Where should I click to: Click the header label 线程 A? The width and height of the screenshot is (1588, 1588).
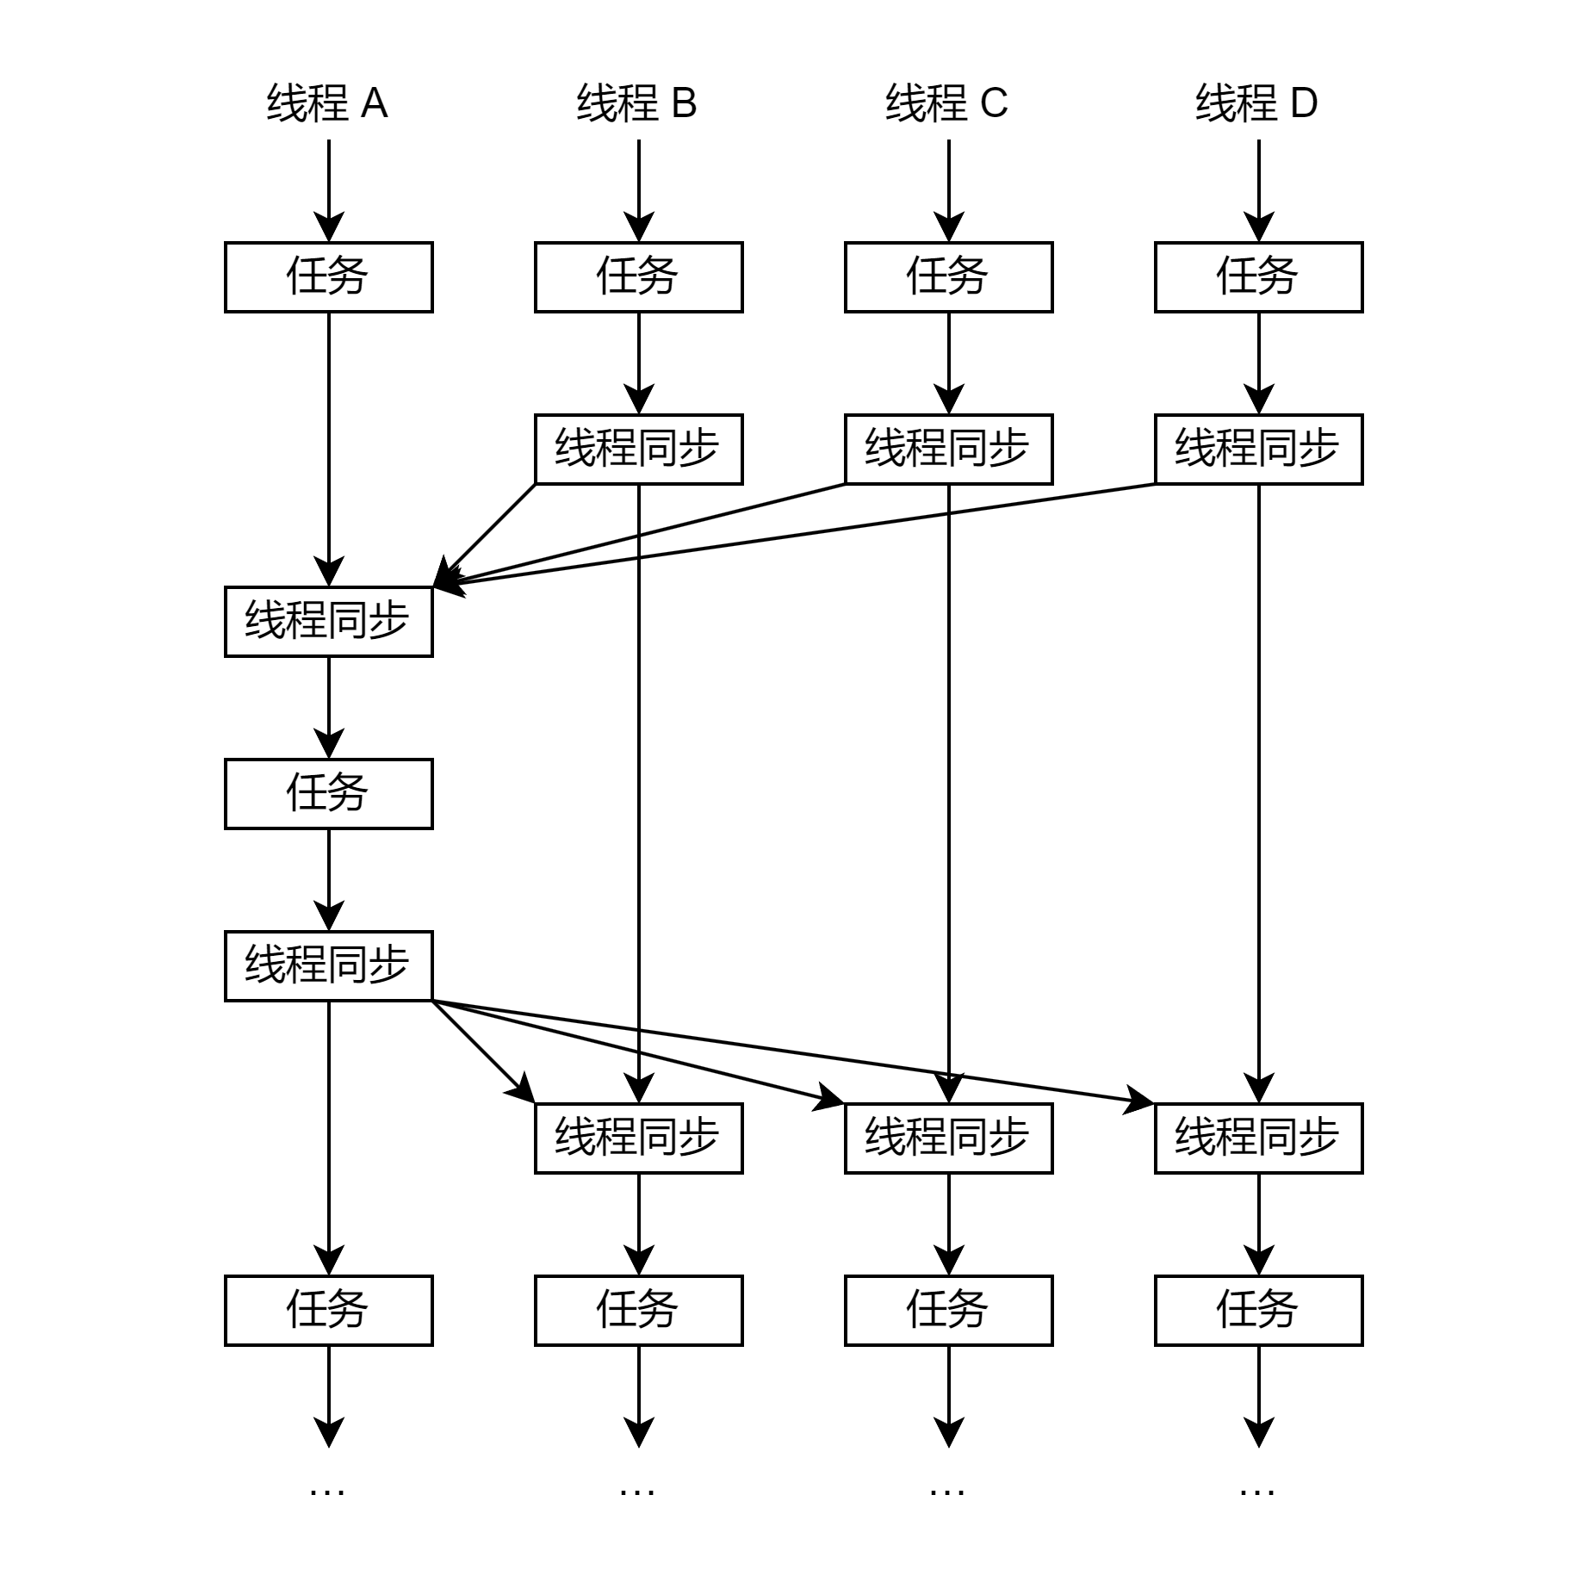tap(327, 103)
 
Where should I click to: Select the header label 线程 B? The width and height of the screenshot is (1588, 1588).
tap(637, 103)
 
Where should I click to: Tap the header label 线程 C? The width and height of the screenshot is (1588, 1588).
tap(947, 103)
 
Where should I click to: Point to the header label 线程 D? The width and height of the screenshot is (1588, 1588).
tap(1257, 103)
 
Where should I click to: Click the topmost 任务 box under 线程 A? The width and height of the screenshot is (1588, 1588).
tap(328, 277)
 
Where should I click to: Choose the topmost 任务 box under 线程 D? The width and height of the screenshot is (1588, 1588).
tap(1258, 277)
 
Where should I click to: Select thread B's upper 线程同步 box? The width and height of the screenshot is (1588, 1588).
tap(638, 450)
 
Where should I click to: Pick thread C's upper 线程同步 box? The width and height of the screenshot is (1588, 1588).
tap(948, 450)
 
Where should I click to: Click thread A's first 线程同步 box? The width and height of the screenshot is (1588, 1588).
tap(328, 622)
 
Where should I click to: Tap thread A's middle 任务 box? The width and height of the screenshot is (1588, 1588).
tap(328, 794)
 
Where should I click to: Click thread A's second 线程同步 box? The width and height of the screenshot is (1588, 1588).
tap(328, 966)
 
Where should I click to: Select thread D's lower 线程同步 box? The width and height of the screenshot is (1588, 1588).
tap(1258, 1138)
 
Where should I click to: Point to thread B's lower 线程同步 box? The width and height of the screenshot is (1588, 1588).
tap(638, 1138)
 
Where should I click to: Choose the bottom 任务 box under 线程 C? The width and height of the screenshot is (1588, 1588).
tap(948, 1311)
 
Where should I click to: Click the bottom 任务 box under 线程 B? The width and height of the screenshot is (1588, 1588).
tap(638, 1311)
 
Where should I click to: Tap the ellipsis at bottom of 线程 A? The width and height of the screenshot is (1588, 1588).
tap(327, 1490)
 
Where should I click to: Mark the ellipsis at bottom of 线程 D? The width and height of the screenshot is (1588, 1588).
tap(1257, 1490)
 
